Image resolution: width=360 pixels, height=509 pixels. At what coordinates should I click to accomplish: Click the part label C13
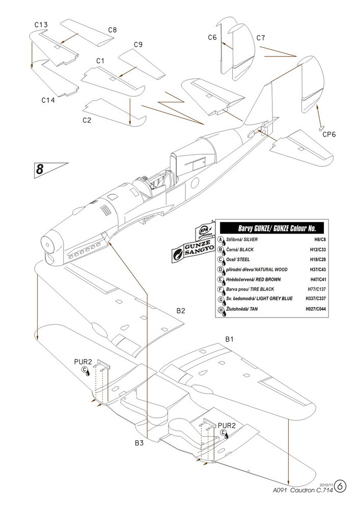pos(41,24)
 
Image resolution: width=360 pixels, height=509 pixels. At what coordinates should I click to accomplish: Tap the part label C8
pos(113,30)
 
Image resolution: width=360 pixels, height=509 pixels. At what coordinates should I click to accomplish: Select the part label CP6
pos(329,134)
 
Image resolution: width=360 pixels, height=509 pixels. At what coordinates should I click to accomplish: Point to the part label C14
pos(48,100)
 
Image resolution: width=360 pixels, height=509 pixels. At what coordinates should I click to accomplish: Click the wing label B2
pos(181,310)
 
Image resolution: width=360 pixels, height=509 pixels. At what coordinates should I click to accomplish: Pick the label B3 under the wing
pos(139,443)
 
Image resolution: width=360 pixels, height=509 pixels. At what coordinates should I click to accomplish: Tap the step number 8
pos(40,169)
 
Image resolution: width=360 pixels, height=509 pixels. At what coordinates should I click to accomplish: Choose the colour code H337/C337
pos(316,299)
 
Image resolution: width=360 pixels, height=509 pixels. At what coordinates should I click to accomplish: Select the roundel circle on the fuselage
pos(195,183)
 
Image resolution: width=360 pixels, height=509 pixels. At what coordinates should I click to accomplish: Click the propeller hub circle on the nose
pos(47,244)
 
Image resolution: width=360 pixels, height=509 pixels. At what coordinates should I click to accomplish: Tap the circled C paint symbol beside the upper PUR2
pos(85,369)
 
